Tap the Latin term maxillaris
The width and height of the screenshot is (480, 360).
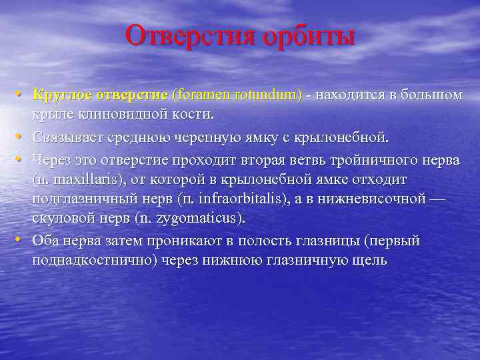tap(85, 180)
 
